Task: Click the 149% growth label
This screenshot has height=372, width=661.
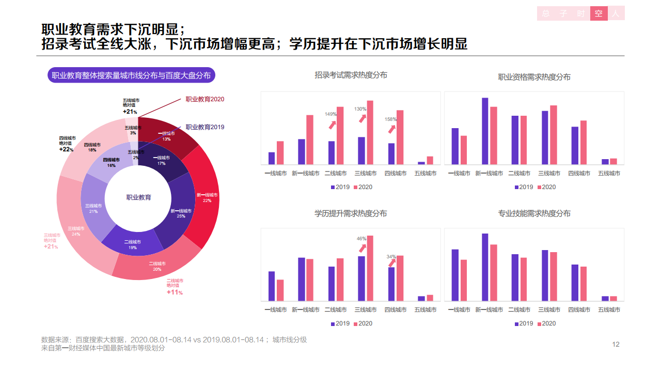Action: [330, 114]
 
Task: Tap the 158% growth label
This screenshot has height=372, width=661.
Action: [391, 119]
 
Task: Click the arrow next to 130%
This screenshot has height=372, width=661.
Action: [363, 118]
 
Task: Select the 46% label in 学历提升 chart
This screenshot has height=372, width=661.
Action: [361, 239]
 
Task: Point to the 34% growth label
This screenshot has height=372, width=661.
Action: [391, 257]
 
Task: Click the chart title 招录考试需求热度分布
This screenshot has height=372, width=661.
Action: [351, 75]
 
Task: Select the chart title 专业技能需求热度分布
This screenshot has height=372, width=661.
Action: [534, 213]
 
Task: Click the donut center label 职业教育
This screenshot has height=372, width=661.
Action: [139, 197]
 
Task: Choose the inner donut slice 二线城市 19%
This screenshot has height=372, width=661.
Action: [132, 244]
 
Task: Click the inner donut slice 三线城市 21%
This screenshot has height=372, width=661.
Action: [93, 208]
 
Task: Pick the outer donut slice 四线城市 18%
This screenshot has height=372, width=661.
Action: [92, 147]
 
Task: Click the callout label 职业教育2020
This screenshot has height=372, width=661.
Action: [205, 99]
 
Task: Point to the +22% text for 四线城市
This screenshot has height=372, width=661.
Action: [66, 149]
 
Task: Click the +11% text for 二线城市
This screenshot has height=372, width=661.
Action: [175, 292]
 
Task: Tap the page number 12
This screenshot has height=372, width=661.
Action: [616, 345]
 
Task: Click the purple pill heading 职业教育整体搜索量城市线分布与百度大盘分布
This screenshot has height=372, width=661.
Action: [131, 75]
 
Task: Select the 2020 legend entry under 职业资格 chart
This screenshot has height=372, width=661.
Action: [546, 187]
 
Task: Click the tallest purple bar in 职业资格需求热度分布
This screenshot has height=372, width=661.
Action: [485, 131]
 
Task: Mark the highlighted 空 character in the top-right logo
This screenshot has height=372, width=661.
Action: [599, 13]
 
